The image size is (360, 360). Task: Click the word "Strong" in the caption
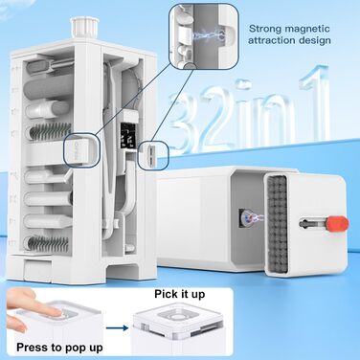pyautogui.click(x=265, y=29)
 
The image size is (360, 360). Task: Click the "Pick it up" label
pyautogui.click(x=180, y=294)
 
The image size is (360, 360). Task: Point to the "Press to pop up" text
pyautogui.click(x=59, y=348)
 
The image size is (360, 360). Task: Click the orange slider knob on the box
pyautogui.click(x=337, y=223)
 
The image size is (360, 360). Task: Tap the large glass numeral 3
pyautogui.click(x=184, y=122)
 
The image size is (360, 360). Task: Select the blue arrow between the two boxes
pyautogui.click(x=117, y=327)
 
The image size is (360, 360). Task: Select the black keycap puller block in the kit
pyautogui.click(x=128, y=136)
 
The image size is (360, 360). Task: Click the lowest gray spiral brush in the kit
pyautogui.click(x=48, y=244)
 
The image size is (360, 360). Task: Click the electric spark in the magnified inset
pyautogui.click(x=209, y=35)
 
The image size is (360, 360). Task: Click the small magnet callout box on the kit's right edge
pyautogui.click(x=153, y=155)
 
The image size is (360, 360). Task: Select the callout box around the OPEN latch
pyautogui.click(x=82, y=149)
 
